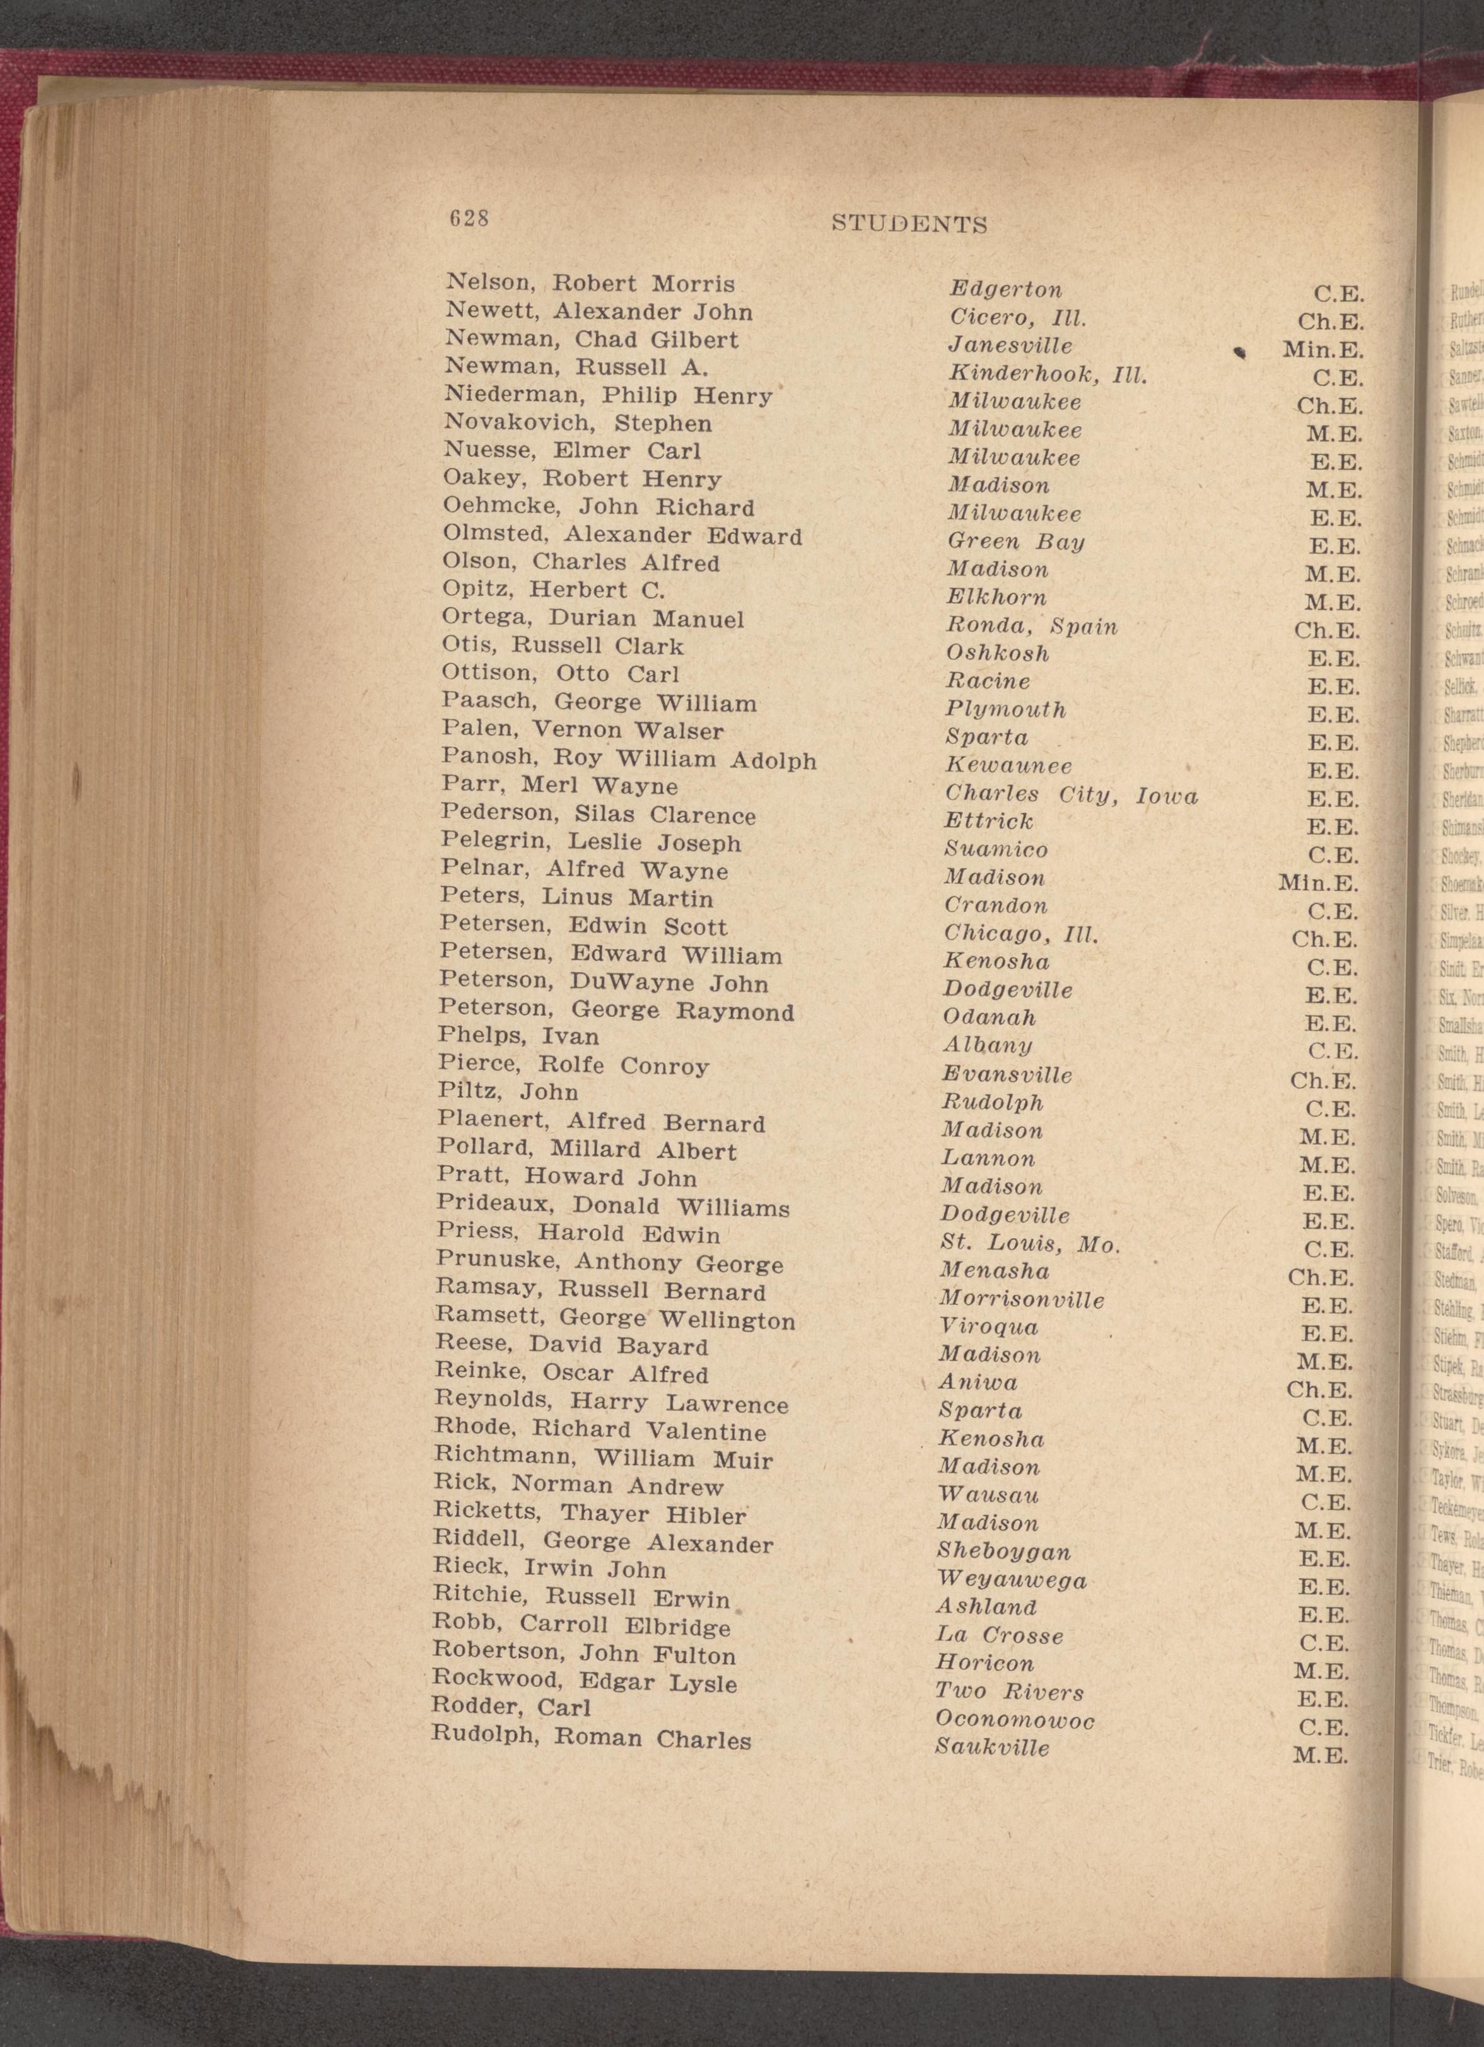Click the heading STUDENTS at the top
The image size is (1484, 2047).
908,224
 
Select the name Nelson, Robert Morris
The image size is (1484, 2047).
590,284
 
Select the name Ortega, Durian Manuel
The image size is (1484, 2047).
593,619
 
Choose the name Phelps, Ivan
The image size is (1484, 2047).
518,1036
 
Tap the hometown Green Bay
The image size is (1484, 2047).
1015,542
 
